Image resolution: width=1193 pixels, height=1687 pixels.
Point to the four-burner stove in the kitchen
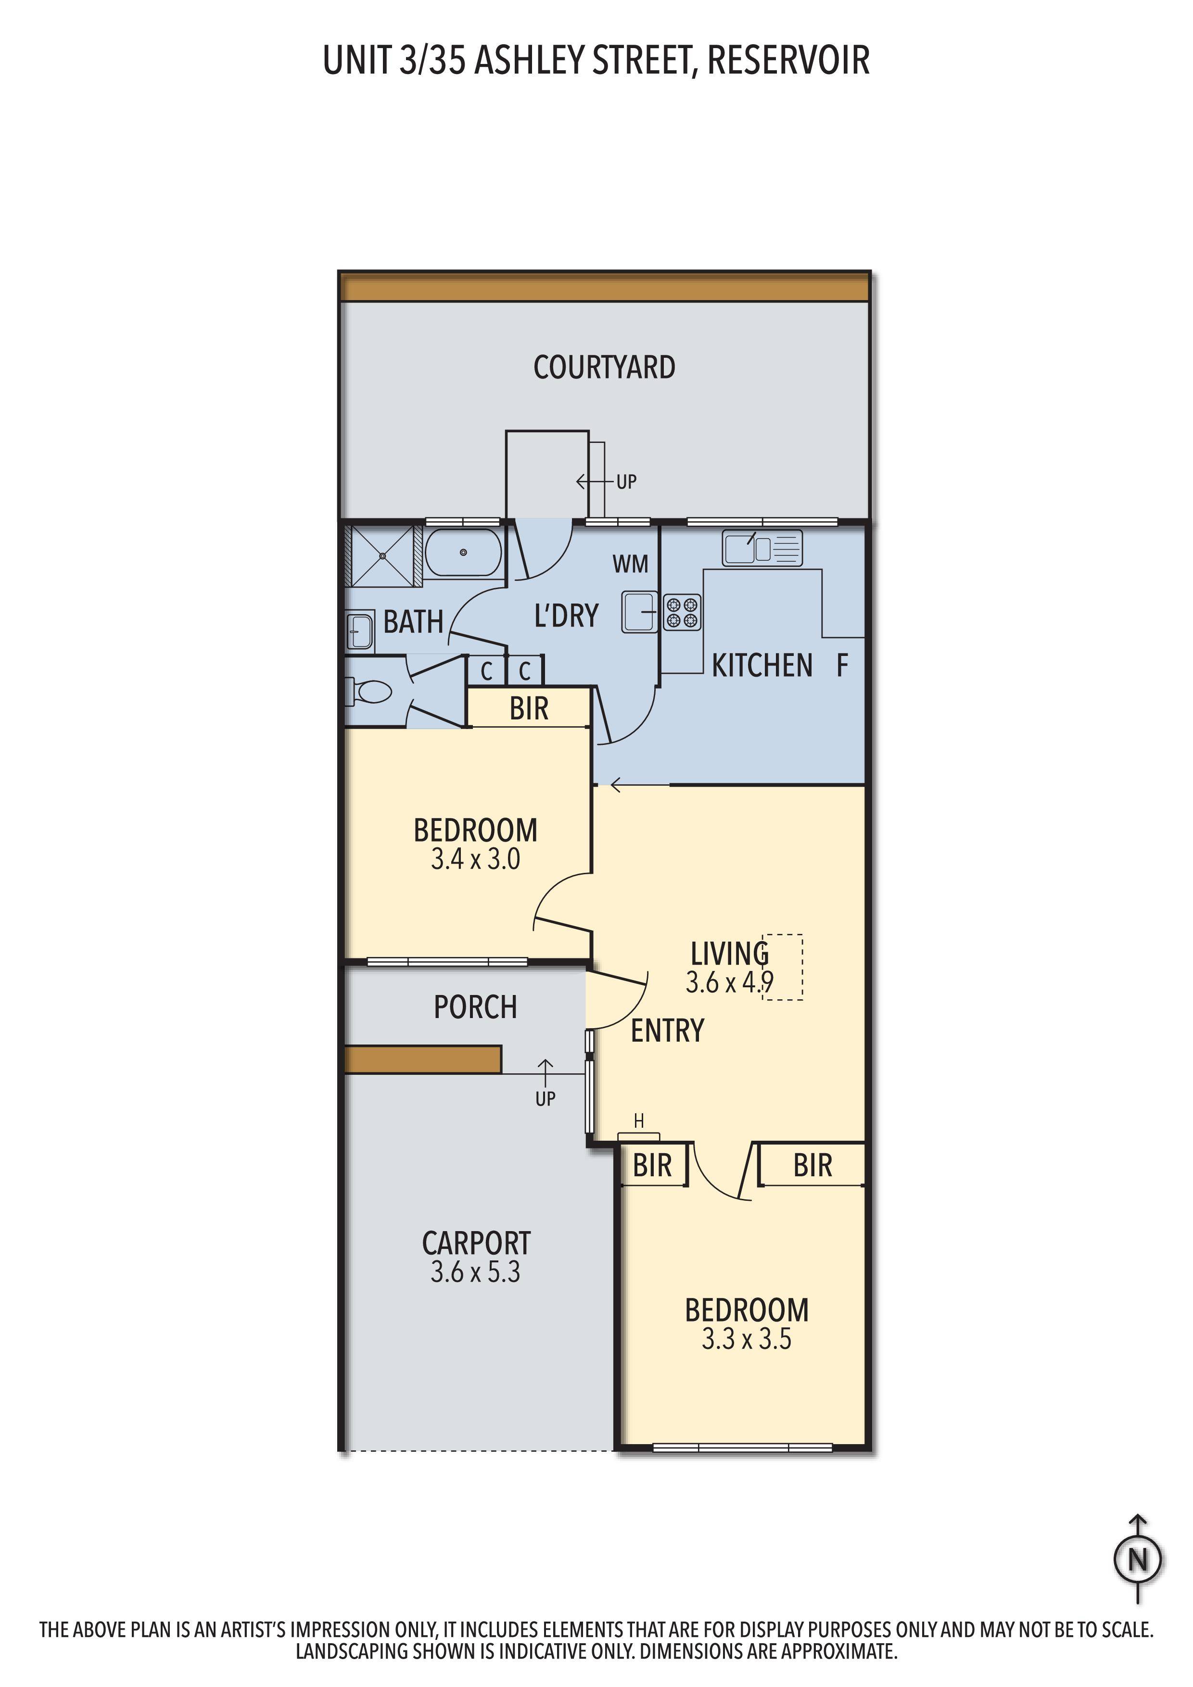pos(683,613)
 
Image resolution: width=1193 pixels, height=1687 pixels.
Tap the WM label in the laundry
pos(631,564)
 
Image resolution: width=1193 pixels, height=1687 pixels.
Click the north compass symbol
pos(1138,1560)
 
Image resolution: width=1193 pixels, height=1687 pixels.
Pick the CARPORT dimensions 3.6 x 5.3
pos(476,1272)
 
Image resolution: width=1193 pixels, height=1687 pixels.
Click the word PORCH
pos(476,1007)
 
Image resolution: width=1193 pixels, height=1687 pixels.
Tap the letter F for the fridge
pos(842,666)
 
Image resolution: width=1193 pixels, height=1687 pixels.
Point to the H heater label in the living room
pos(639,1121)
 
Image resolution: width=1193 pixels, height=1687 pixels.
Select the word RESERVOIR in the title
pos(789,60)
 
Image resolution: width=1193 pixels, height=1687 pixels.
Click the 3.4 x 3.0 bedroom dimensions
pos(476,859)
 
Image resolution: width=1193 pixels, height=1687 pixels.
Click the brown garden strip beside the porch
pos(423,1059)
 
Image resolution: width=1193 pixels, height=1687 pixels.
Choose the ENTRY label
pos(667,1031)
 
